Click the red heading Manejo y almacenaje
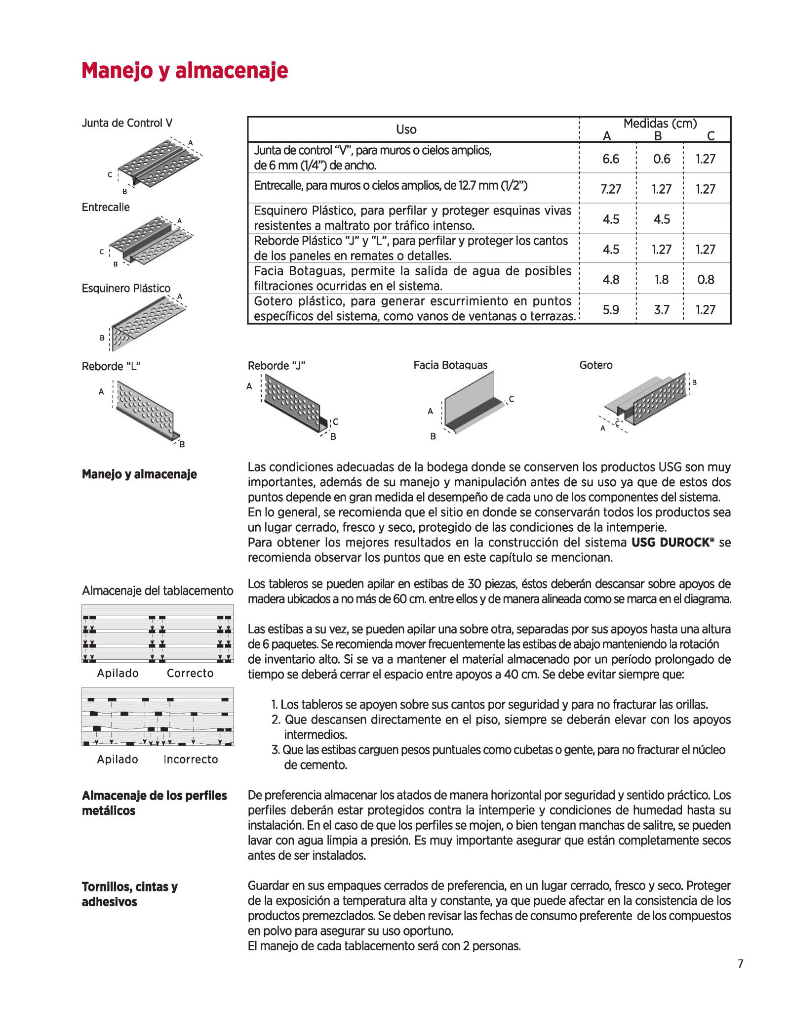185,71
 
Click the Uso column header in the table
406,129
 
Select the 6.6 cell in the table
610,159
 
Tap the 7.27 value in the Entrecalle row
610,189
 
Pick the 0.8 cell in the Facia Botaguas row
705,280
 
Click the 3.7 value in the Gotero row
661,310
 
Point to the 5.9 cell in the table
610,310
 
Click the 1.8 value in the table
661,280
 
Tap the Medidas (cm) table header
660,124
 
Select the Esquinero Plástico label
126,288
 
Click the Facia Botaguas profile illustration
472,403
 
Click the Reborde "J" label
276,366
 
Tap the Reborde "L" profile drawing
146,410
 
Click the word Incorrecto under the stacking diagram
191,759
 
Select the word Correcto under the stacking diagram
190,673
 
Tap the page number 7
740,963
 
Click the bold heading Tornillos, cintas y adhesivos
129,894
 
